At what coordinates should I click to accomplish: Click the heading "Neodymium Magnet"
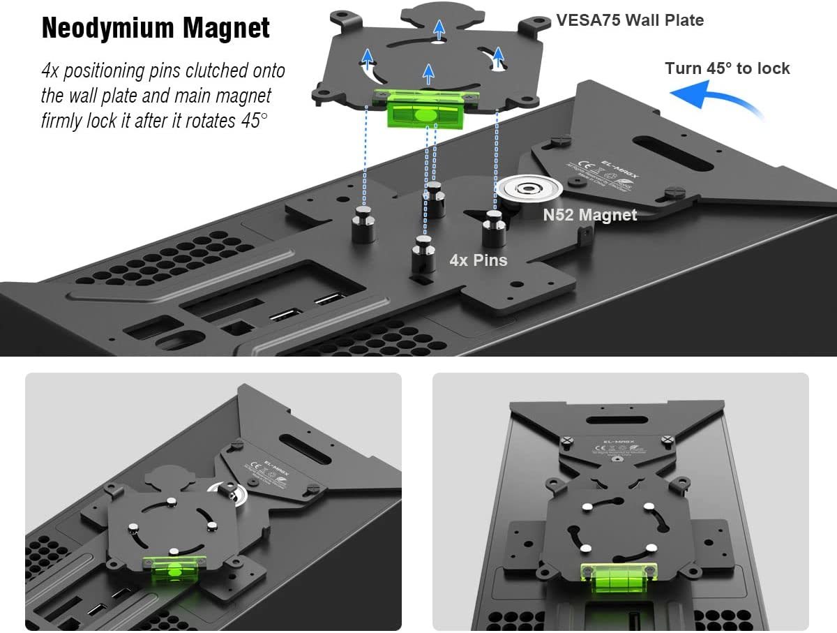click(156, 29)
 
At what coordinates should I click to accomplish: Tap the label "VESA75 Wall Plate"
click(630, 20)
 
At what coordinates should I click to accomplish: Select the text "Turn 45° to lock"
click(727, 68)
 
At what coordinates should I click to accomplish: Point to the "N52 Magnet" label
click(590, 215)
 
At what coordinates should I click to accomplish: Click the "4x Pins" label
click(478, 260)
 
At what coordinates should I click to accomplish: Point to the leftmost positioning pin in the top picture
click(364, 223)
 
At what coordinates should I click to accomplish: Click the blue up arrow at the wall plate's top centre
click(438, 30)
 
